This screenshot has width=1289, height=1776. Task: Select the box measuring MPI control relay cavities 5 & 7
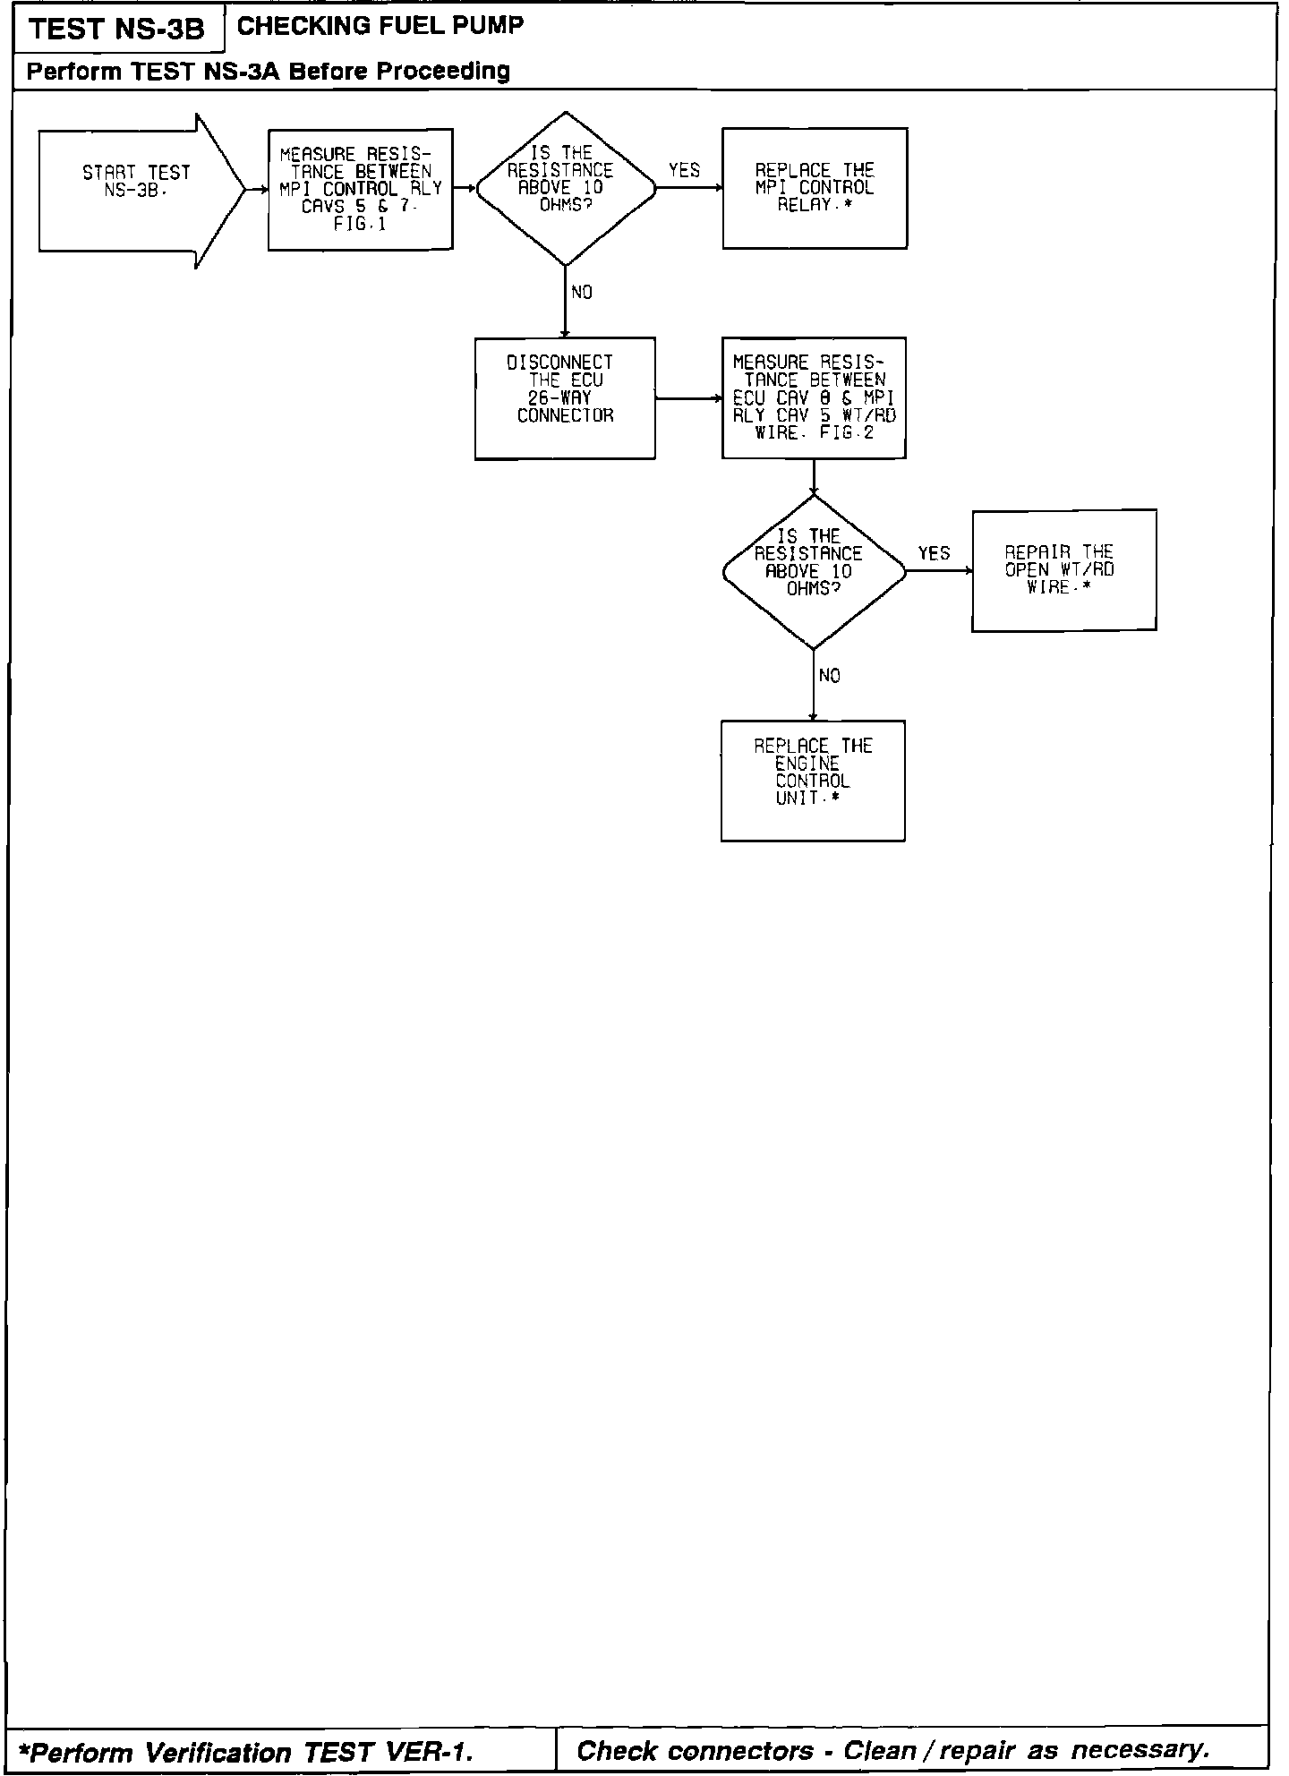point(360,189)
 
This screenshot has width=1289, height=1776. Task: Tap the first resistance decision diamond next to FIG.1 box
point(565,188)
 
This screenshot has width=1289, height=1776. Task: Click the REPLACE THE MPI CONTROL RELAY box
point(815,188)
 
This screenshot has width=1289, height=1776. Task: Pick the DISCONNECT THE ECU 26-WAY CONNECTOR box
point(565,397)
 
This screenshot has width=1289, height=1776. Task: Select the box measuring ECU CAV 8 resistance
point(814,397)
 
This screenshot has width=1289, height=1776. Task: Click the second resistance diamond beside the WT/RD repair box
point(813,571)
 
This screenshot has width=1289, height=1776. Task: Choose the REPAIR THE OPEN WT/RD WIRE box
point(1063,570)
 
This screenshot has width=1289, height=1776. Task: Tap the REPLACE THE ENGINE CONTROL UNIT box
point(813,780)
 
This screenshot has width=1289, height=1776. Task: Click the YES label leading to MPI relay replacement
point(684,170)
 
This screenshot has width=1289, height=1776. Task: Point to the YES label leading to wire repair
point(934,553)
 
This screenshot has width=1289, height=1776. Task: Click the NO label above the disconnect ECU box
point(581,293)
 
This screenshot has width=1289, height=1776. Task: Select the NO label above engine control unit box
point(829,676)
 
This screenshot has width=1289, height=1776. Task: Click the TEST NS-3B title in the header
point(117,30)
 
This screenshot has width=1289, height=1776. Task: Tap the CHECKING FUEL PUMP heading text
point(380,26)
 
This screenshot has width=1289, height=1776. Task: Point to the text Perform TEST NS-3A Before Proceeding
point(269,71)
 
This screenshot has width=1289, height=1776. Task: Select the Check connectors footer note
point(892,1750)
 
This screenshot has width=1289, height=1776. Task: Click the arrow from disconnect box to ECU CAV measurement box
point(688,397)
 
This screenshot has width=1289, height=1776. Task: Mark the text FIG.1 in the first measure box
point(360,224)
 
